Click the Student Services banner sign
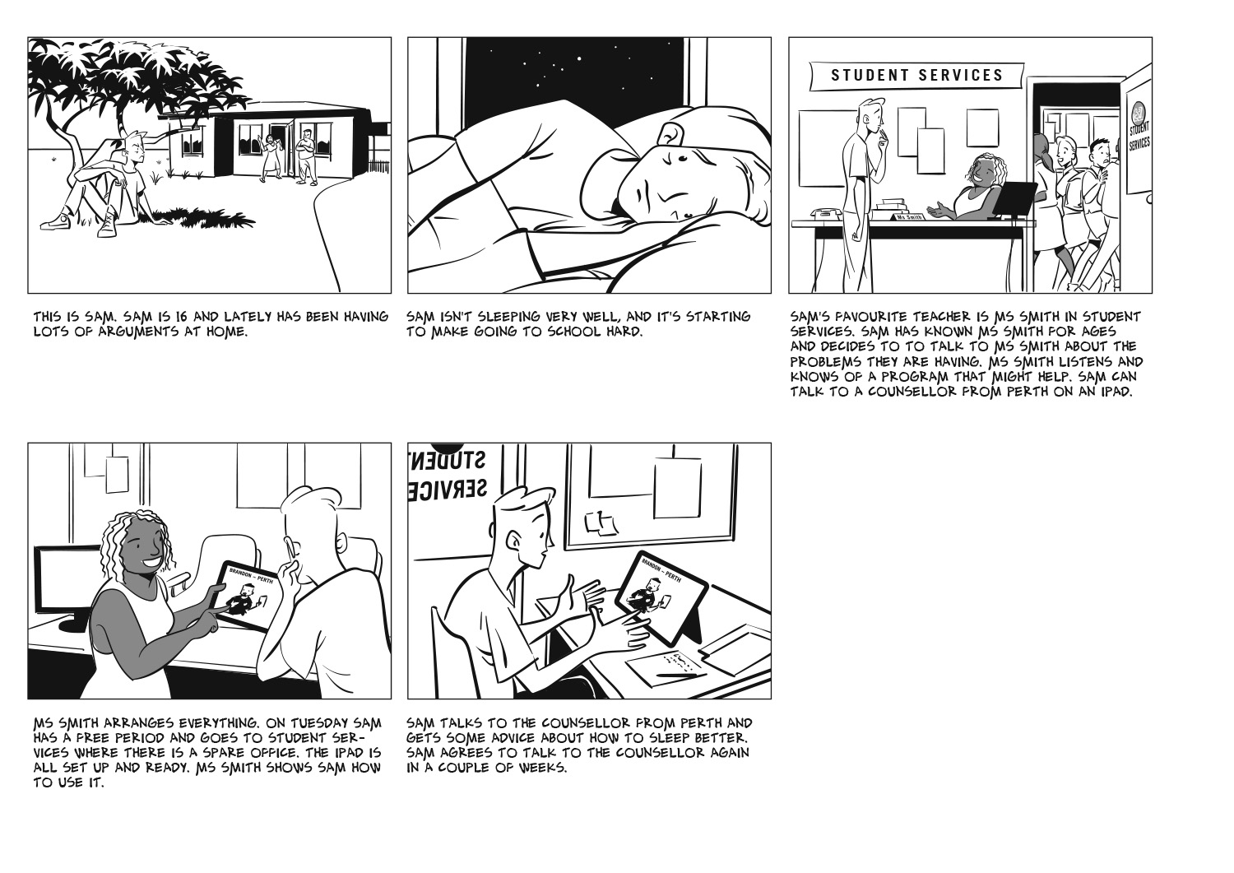coord(916,76)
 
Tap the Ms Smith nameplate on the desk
coord(908,216)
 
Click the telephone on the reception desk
coord(826,214)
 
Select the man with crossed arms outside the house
coord(307,156)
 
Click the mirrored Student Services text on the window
coord(448,474)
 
